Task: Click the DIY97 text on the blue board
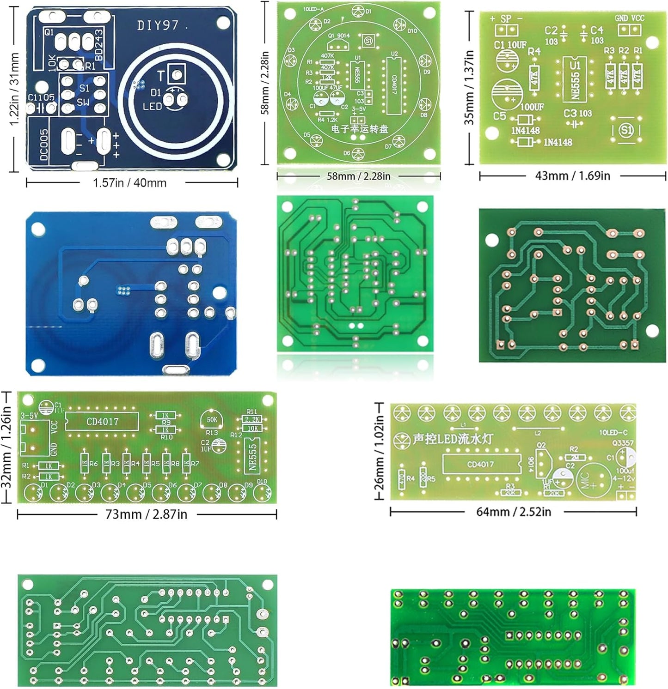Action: [158, 25]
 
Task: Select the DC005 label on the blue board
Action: [43, 145]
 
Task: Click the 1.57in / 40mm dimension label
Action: [130, 183]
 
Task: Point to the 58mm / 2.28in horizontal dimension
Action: [358, 176]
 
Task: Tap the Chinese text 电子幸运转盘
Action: [359, 129]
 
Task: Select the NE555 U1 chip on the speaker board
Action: [575, 79]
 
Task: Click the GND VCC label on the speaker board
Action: [629, 18]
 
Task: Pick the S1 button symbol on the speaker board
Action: [626, 129]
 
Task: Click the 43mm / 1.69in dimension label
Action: [572, 175]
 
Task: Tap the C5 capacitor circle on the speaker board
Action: [507, 93]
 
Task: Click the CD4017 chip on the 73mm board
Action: [102, 421]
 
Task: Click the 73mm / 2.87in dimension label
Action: [146, 514]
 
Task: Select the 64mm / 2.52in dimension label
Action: [514, 512]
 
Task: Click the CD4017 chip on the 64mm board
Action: [480, 464]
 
